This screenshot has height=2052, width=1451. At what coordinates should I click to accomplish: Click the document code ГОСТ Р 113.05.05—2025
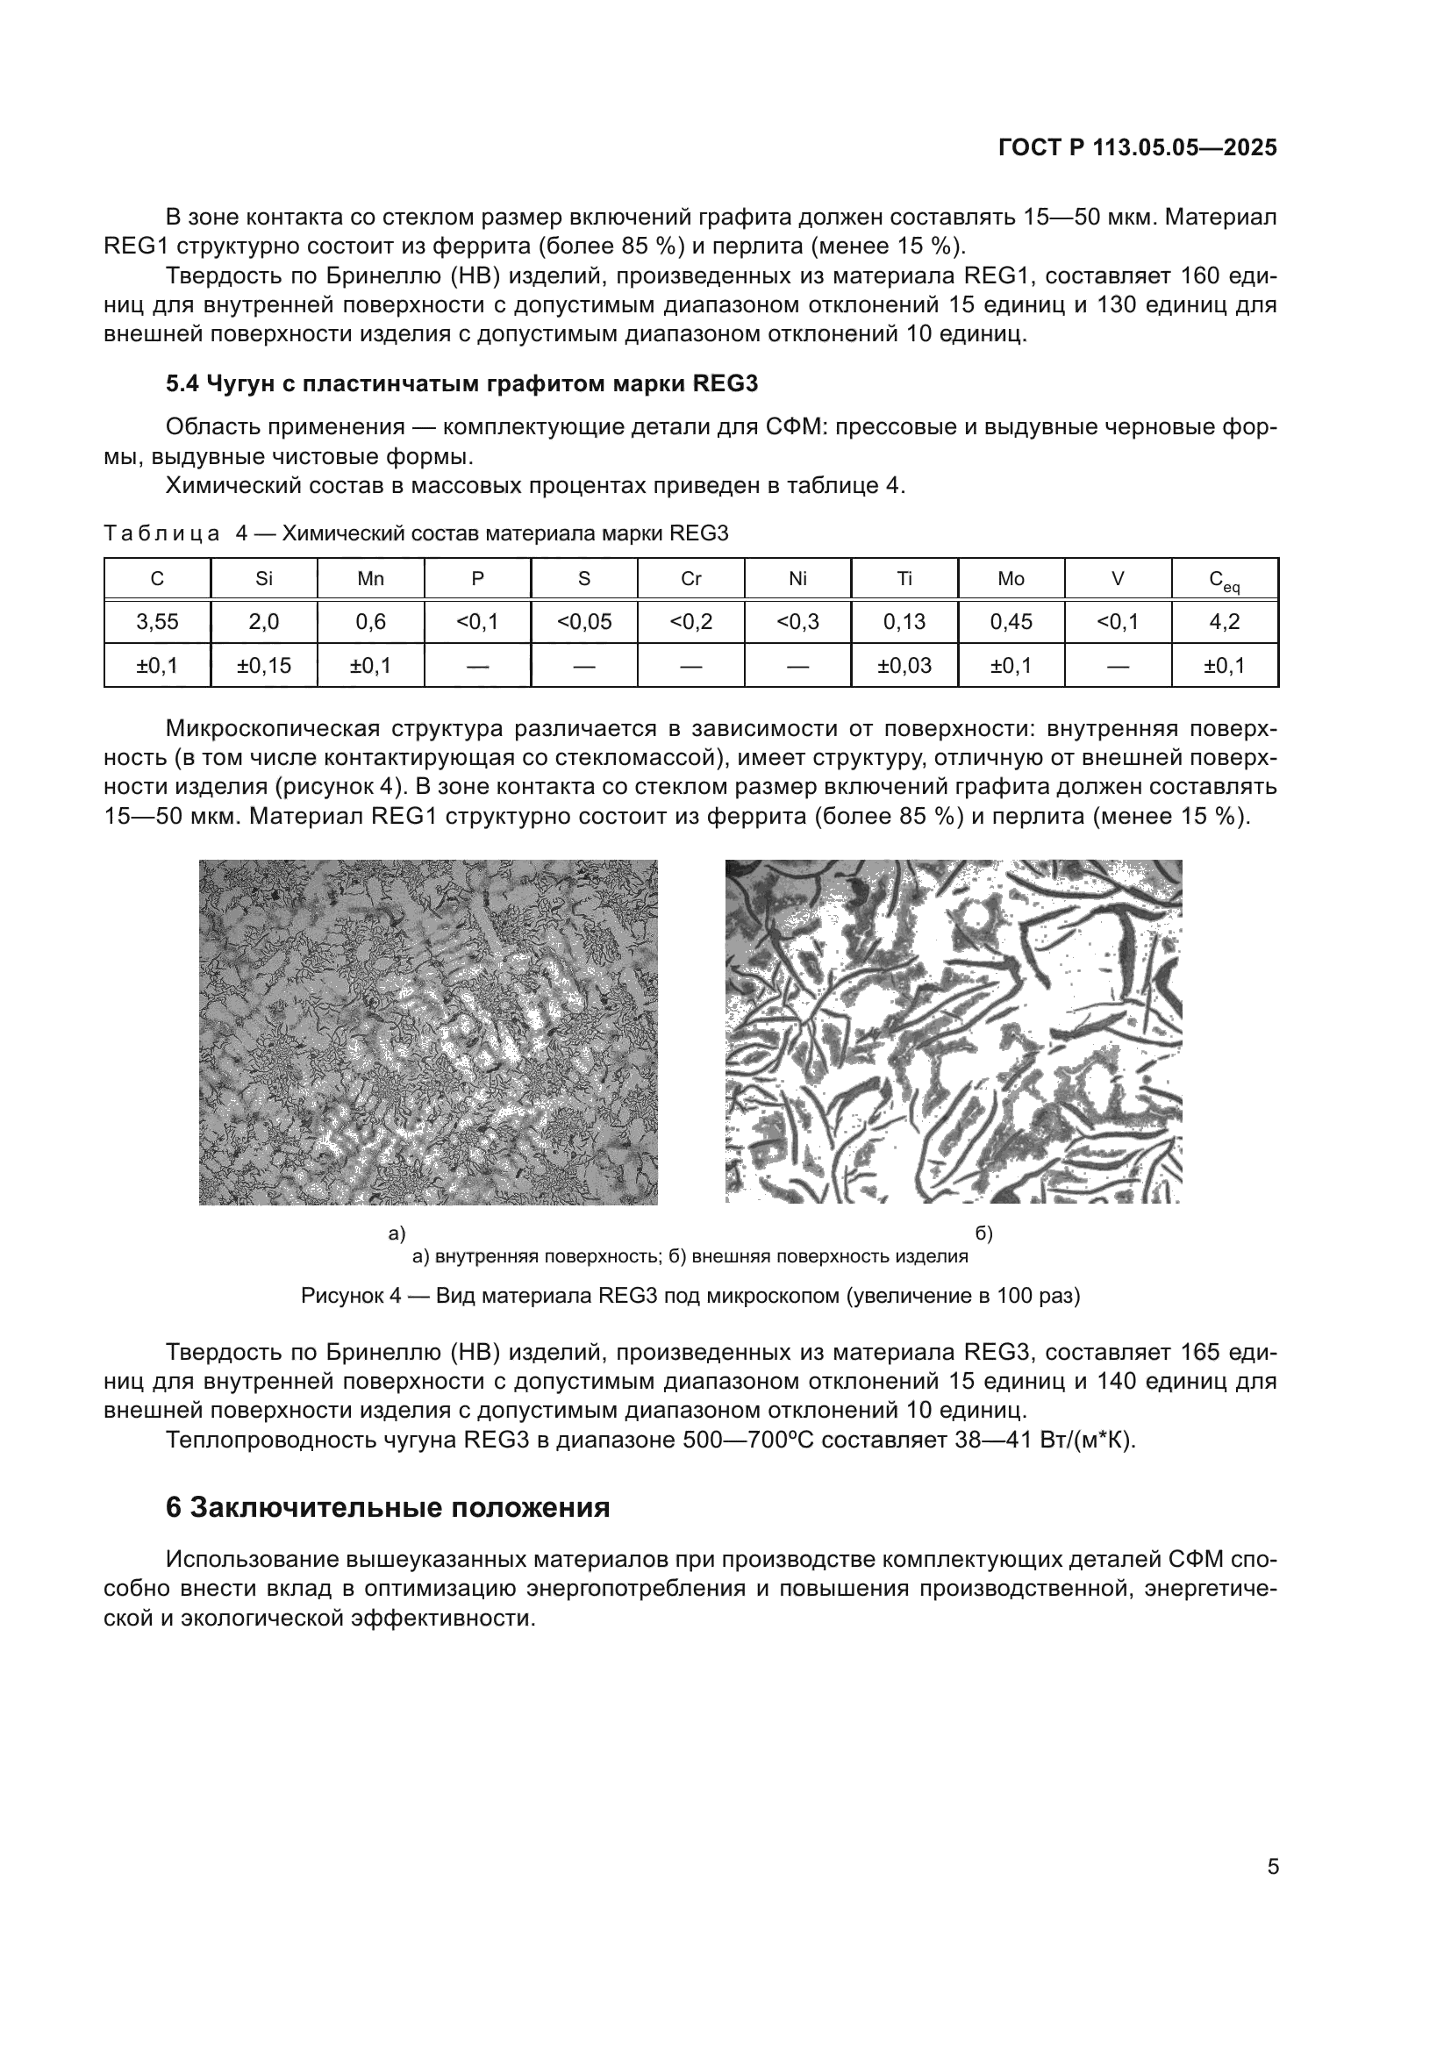1138,147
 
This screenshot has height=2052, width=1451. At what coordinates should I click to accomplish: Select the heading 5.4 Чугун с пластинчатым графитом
461,383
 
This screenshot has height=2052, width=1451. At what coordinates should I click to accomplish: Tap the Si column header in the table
263,578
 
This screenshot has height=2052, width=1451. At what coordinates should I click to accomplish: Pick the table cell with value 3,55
157,622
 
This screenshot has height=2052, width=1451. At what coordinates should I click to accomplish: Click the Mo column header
1011,578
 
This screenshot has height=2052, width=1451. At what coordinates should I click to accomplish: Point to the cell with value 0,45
1011,622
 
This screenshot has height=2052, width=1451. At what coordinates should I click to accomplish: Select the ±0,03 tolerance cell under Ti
904,666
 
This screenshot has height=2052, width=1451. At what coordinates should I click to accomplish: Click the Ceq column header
1224,580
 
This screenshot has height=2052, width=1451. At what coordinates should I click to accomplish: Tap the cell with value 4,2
1224,622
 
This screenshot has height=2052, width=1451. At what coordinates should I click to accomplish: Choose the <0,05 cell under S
584,622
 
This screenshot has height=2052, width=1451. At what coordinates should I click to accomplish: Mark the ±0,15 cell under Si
263,666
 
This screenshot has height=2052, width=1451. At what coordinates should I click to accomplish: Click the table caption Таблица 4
416,533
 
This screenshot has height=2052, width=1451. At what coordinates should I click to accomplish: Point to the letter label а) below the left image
397,1234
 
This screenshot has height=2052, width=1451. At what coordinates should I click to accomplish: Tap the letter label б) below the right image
983,1234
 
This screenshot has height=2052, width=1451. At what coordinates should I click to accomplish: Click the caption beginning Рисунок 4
690,1296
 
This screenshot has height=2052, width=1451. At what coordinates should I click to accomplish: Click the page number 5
1272,1867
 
